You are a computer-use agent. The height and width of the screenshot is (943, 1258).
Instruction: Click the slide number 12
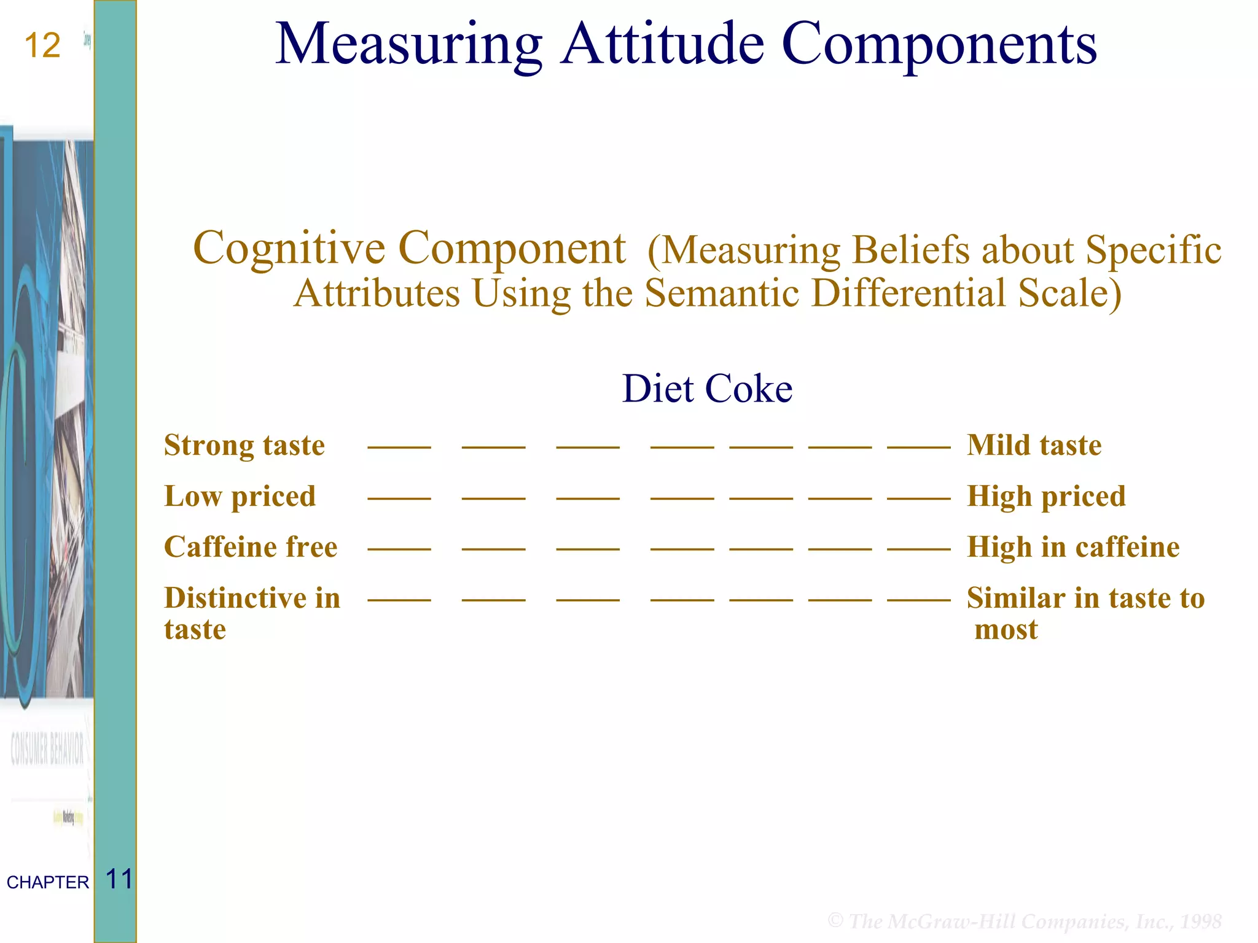[42, 46]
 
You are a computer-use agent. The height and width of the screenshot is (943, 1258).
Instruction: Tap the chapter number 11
[119, 879]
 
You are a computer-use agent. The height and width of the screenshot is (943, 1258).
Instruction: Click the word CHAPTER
[48, 882]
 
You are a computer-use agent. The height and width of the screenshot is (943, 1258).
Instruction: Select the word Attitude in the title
[663, 44]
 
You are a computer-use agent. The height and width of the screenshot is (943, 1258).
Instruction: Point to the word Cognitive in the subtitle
[289, 248]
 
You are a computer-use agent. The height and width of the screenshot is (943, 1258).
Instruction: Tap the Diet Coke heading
[707, 389]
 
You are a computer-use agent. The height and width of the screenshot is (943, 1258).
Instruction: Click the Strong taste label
[244, 445]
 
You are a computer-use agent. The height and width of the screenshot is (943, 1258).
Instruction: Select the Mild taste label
[1034, 445]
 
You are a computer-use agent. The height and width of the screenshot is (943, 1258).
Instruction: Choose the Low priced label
[240, 496]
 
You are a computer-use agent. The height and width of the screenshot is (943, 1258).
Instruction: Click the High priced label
[1046, 496]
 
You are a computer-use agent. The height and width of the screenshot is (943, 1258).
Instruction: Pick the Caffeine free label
[251, 547]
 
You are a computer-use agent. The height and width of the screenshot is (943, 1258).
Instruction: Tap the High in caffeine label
[1073, 547]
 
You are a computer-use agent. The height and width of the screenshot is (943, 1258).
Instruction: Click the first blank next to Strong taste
[399, 446]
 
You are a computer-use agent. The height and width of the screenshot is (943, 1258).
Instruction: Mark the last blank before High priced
[918, 497]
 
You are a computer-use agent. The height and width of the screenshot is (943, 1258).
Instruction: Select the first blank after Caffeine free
[399, 548]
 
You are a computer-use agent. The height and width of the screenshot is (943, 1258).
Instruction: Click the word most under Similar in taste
[1006, 630]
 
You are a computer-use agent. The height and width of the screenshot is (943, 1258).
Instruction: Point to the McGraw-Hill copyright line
[1024, 921]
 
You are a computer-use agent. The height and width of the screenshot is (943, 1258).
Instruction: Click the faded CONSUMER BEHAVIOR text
[47, 749]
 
